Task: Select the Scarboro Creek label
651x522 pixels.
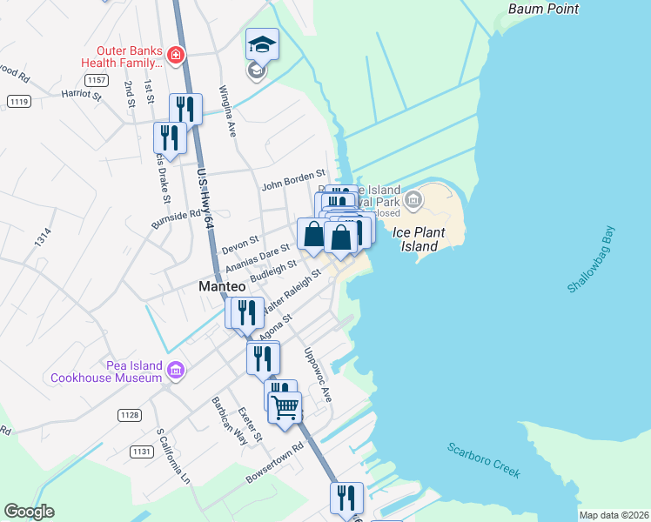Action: click(x=484, y=460)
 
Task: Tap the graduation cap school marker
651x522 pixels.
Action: click(x=262, y=43)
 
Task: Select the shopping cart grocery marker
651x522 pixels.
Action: click(x=285, y=406)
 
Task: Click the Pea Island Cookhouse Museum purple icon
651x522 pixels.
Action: click(x=175, y=371)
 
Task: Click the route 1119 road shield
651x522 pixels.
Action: click(x=19, y=102)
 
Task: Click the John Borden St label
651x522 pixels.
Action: click(x=292, y=185)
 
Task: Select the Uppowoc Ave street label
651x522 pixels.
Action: click(x=317, y=375)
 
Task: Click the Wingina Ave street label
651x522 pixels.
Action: click(x=228, y=110)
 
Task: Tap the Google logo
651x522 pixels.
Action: click(x=30, y=512)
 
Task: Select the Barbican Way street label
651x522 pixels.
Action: click(x=224, y=421)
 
